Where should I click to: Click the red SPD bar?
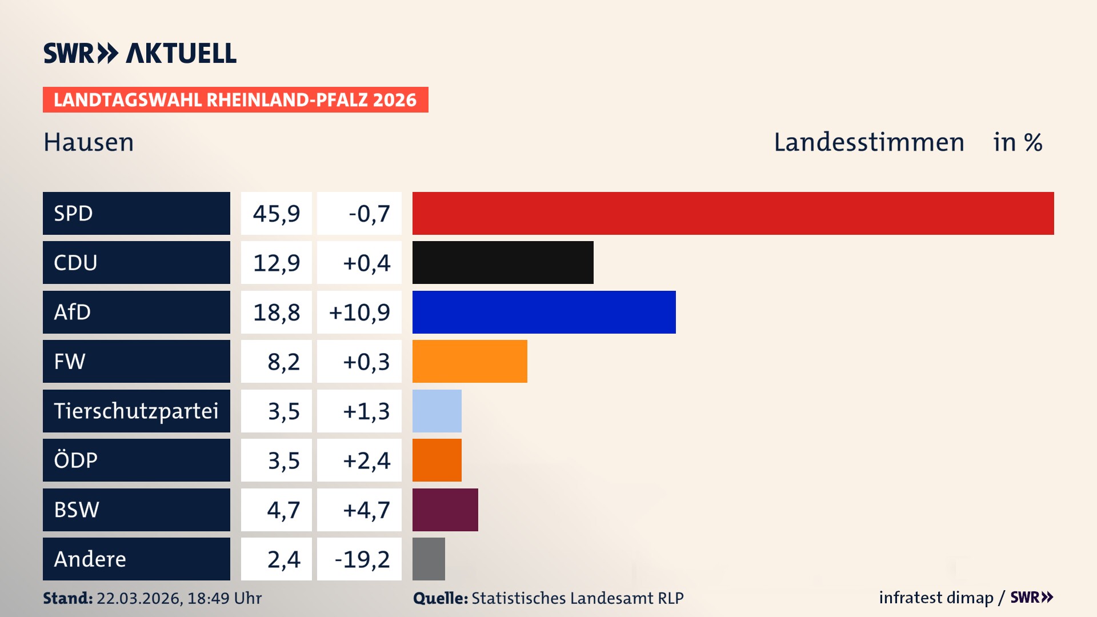(x=732, y=213)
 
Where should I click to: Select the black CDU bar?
(x=503, y=263)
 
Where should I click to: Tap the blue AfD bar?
(x=544, y=312)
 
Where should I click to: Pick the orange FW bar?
(x=470, y=361)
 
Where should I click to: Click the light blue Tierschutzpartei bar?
(x=437, y=411)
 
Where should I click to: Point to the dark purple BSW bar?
(x=445, y=510)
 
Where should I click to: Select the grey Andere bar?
(x=429, y=559)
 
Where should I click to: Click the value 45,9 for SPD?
(x=277, y=214)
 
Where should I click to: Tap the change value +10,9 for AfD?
(x=359, y=312)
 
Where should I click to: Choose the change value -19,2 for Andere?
(x=362, y=559)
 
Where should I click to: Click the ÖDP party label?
(x=75, y=460)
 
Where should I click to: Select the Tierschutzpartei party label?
(x=136, y=411)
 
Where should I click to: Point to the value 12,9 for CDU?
(x=277, y=263)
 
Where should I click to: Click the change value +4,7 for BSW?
(x=366, y=510)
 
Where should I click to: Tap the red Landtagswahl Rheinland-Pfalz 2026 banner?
(x=235, y=100)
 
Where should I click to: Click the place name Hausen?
(x=89, y=142)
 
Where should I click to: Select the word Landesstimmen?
(x=868, y=142)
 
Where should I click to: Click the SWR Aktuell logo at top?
(x=140, y=53)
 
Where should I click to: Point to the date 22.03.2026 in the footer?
(x=139, y=598)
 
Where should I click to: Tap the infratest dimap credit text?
(x=936, y=598)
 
